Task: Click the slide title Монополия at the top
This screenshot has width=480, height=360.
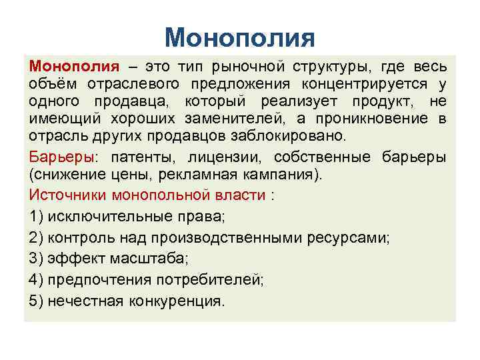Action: [239, 37]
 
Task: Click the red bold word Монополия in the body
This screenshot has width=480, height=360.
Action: [74, 67]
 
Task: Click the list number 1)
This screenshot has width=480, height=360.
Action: [36, 217]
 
